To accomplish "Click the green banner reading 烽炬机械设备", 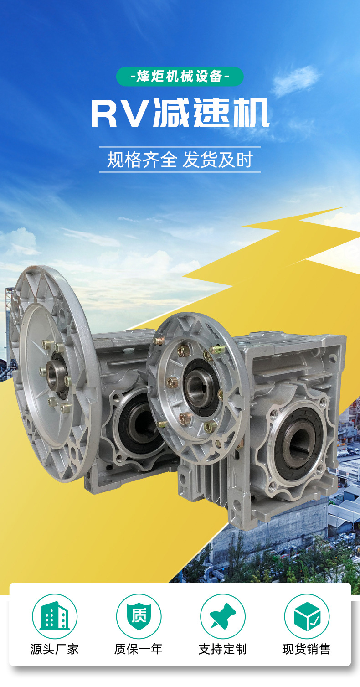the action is click(180, 77).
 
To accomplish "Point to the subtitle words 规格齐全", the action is click(142, 160).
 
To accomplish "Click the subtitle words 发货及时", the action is click(218, 160).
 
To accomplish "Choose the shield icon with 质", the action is click(139, 616).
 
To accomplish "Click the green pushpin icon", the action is click(223, 616).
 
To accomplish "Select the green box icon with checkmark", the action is click(307, 616).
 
